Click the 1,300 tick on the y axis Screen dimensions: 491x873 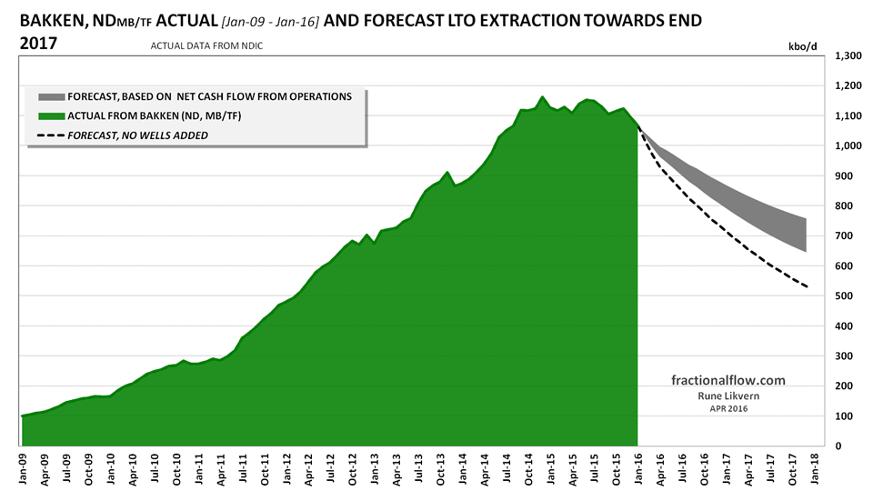click(x=848, y=56)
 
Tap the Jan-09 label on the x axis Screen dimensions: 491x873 click(x=22, y=466)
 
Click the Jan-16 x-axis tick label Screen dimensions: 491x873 click(x=637, y=466)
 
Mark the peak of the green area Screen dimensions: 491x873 click(x=542, y=96)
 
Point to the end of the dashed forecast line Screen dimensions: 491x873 click(x=806, y=288)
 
